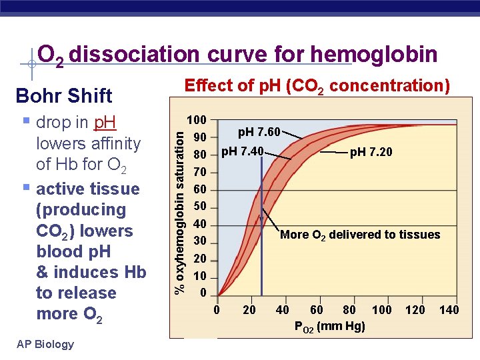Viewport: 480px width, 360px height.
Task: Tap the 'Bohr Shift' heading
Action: point(64,95)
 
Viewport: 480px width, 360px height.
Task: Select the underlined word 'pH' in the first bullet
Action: point(105,123)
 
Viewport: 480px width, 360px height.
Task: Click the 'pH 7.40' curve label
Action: point(242,151)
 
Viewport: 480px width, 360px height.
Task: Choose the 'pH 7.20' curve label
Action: point(371,153)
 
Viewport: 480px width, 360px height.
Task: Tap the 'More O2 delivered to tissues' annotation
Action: point(360,235)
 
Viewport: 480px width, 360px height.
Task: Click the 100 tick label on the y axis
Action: point(197,121)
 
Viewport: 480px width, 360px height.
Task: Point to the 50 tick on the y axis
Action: point(199,207)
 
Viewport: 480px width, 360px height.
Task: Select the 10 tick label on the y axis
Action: point(199,276)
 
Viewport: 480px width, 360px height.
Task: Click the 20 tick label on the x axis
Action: point(249,310)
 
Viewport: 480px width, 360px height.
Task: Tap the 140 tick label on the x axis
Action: point(449,310)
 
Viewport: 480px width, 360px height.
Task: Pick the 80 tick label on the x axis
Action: point(349,310)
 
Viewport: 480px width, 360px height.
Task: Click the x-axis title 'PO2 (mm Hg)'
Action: point(329,327)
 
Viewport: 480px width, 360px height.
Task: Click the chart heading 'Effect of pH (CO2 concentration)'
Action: point(317,86)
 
